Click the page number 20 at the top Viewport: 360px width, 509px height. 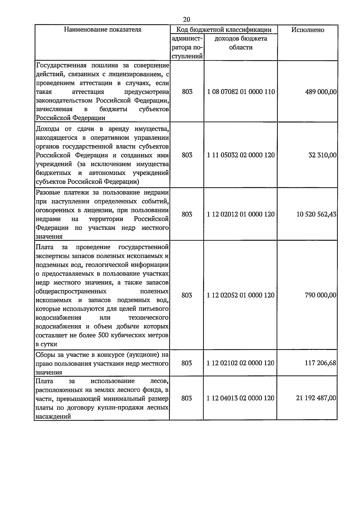coord(186,20)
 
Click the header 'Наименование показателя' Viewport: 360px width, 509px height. coord(103,29)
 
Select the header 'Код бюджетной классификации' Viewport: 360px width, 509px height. coord(223,29)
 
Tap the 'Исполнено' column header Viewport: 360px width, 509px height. coord(307,30)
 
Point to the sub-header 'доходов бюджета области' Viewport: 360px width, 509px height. coord(241,43)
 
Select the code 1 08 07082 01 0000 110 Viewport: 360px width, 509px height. coord(241,92)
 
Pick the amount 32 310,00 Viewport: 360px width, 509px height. coord(322,155)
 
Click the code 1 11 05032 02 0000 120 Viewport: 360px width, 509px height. coord(241,155)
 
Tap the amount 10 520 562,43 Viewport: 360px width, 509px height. coord(316,214)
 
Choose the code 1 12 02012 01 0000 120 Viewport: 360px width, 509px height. coord(241,214)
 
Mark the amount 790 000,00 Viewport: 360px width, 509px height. coord(320,295)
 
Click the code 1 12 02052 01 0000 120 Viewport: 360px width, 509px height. coord(241,295)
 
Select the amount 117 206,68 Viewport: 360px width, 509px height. coord(320,363)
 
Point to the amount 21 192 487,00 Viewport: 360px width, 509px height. coord(316,398)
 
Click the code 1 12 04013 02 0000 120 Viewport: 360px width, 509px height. coord(241,398)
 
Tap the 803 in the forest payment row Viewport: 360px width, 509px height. coord(187,398)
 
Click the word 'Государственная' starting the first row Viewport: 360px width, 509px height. coord(61,65)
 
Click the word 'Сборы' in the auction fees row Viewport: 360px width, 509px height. coord(45,355)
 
